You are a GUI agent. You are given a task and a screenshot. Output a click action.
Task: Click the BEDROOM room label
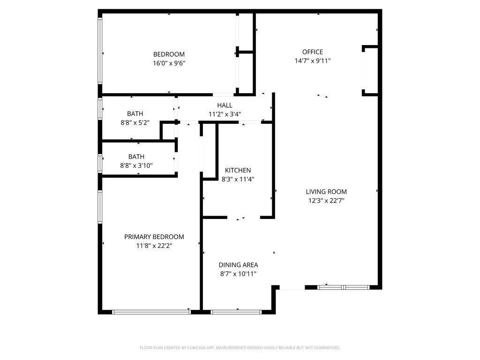pos(169,54)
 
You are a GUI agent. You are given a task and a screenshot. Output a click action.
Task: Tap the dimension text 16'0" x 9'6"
pos(169,63)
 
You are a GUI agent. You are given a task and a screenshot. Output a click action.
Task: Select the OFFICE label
pos(312,52)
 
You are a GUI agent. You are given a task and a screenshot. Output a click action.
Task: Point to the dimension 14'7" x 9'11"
pos(312,60)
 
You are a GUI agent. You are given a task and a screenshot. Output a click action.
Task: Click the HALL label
pos(225,105)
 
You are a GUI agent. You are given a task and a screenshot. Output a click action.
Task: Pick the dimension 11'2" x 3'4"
pos(225,114)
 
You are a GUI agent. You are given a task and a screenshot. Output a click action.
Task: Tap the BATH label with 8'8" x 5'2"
pos(135,114)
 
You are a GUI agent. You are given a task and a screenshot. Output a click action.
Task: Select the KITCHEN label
pos(238,171)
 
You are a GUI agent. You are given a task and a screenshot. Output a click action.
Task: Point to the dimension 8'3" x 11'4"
pos(238,179)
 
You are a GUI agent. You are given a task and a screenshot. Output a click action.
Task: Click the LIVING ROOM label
pos(326,192)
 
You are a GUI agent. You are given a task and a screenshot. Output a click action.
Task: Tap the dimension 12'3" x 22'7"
pos(326,200)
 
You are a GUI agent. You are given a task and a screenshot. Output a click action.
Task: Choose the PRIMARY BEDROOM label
pos(154,237)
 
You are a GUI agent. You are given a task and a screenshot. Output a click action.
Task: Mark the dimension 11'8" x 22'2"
pos(154,246)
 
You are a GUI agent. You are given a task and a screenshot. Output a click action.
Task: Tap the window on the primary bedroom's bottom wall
pos(151,312)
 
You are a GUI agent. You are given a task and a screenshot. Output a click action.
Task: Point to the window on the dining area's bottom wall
pos(236,312)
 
